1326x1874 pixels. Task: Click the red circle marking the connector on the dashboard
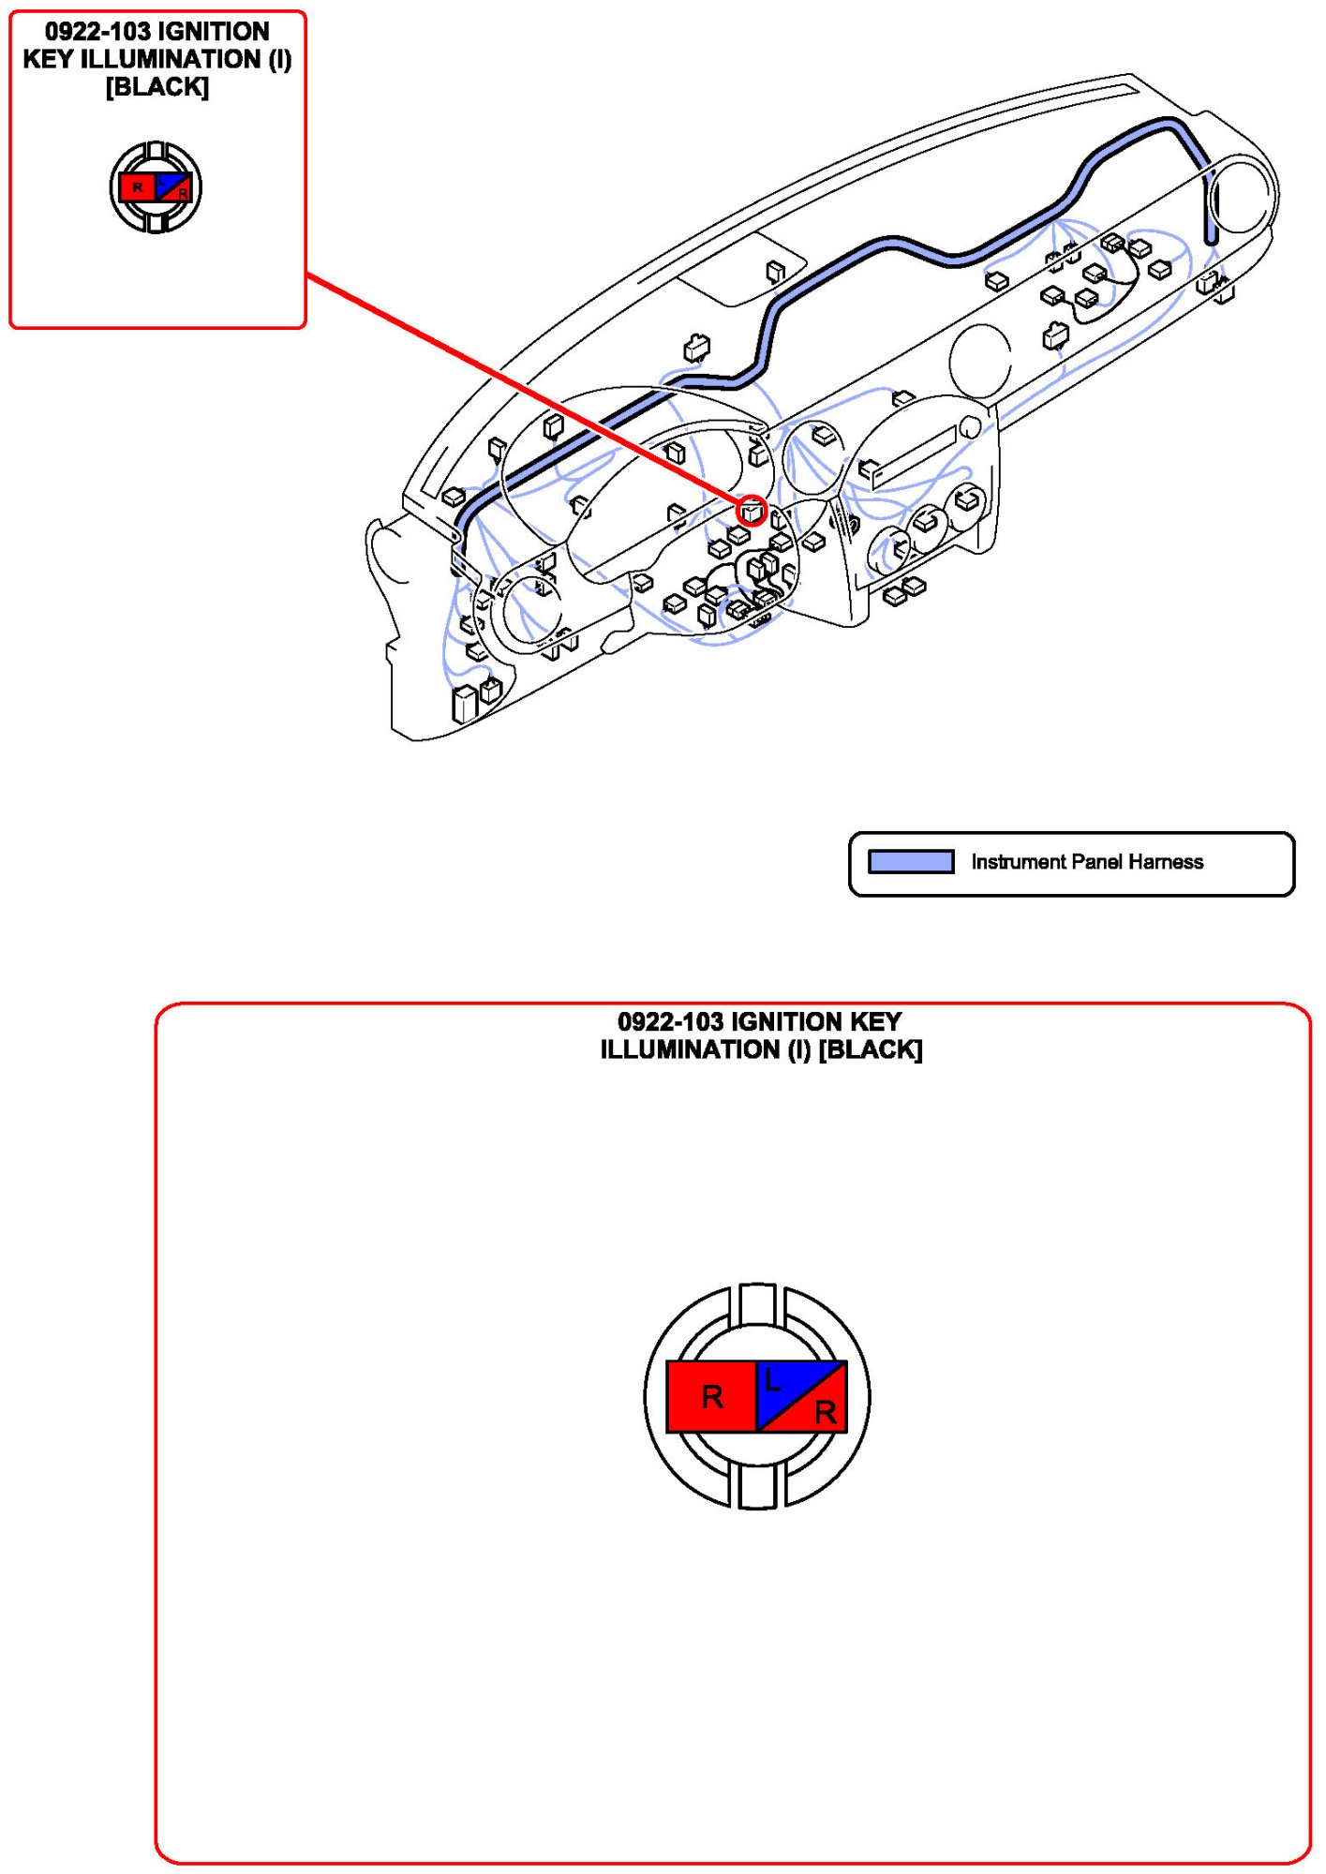point(752,511)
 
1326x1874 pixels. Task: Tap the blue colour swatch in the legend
point(910,861)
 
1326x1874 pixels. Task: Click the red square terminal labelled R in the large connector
point(711,1396)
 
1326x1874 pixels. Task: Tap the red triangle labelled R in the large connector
point(822,1410)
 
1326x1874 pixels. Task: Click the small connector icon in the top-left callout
point(156,187)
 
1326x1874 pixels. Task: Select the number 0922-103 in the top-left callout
point(97,32)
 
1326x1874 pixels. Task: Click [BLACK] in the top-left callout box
point(156,87)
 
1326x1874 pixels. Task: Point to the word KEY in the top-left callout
point(48,60)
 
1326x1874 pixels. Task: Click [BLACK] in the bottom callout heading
point(871,1049)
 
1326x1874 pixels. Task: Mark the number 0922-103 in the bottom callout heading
point(670,1021)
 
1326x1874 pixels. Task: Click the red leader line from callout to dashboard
point(525,392)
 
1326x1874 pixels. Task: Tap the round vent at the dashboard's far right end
point(1244,197)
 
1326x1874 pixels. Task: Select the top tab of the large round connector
point(757,1303)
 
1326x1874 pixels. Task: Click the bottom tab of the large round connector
point(757,1487)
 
